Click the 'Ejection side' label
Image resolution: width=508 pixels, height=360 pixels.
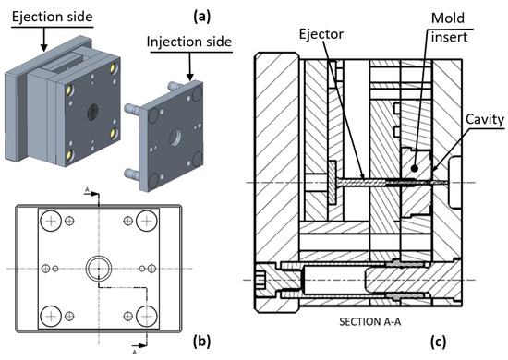pos(52,17)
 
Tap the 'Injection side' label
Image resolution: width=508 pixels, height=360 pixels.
pos(189,42)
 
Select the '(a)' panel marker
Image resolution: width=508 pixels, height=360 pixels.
pos(202,17)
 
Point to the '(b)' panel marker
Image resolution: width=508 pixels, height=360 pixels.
pos(201,342)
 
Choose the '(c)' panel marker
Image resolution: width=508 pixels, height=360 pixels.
pos(439,342)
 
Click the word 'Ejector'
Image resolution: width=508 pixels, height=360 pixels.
pos(321,34)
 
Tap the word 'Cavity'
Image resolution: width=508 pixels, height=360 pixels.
pos(485,119)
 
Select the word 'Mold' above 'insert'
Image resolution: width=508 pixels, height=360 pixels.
pos(448,18)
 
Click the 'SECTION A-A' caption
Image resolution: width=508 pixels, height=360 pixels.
pos(370,321)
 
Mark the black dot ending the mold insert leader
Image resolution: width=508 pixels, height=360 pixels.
pos(414,168)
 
